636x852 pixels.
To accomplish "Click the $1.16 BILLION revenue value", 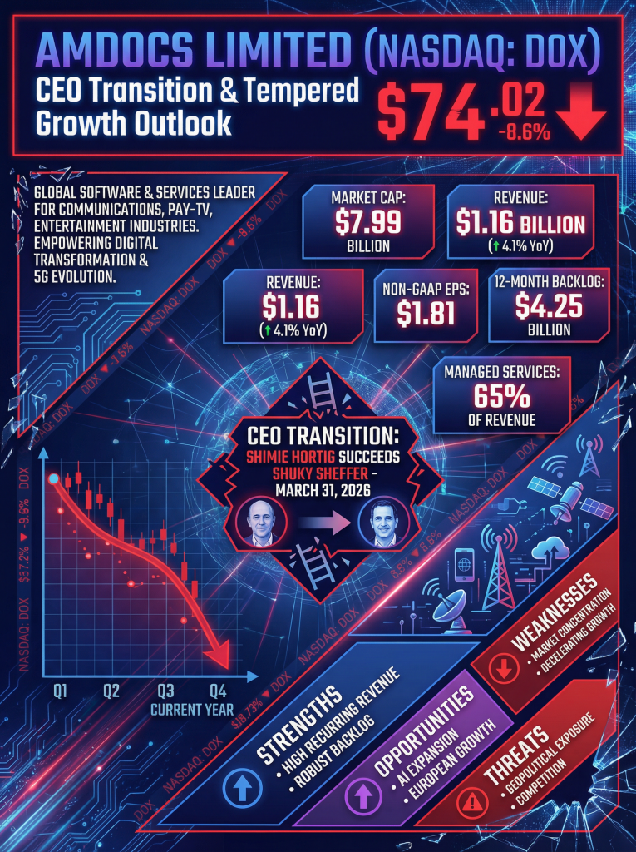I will click(x=520, y=224).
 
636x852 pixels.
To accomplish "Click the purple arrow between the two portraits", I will click(x=322, y=525).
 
